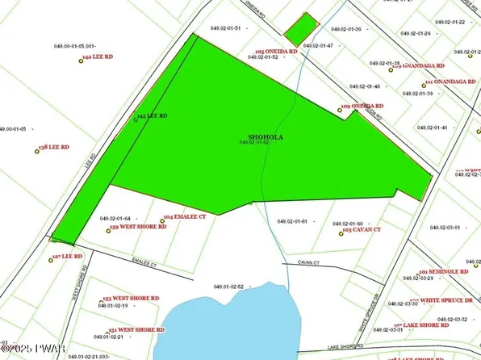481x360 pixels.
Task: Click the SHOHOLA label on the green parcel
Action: [266, 137]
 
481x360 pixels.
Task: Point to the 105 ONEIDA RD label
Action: [276, 51]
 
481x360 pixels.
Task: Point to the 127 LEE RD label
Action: [68, 256]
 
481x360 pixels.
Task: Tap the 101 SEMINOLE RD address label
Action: [445, 272]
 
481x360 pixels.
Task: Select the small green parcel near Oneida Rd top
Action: [299, 29]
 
